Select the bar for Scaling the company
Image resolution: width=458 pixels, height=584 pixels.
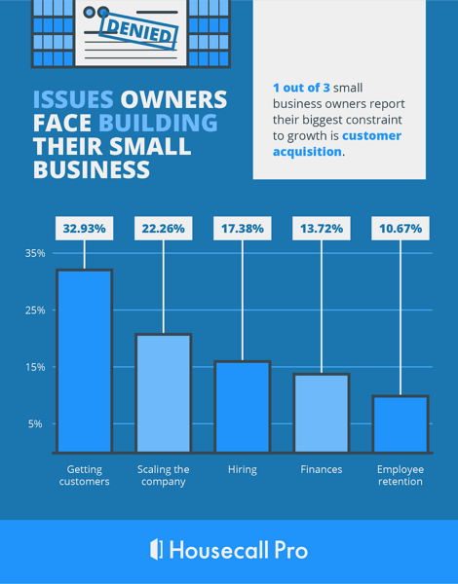[163, 393]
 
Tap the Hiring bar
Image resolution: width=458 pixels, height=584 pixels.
[242, 406]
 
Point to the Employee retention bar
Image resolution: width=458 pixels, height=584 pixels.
[401, 423]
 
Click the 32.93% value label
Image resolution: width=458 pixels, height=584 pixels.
[84, 229]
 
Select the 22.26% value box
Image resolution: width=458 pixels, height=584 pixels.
[163, 229]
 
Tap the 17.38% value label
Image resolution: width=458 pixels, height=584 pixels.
[242, 229]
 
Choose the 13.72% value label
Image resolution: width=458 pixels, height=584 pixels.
[321, 229]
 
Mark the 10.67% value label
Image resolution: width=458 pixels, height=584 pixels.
[401, 229]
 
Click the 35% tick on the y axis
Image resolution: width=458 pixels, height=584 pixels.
[35, 253]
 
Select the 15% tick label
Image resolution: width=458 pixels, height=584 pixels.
[35, 367]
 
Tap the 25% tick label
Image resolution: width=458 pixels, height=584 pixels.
[35, 310]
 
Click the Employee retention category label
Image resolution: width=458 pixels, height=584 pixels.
[401, 475]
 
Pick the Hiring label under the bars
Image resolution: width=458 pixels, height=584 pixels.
[242, 469]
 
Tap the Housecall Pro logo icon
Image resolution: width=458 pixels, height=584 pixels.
[156, 549]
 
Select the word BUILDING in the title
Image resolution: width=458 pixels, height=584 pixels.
[163, 124]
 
